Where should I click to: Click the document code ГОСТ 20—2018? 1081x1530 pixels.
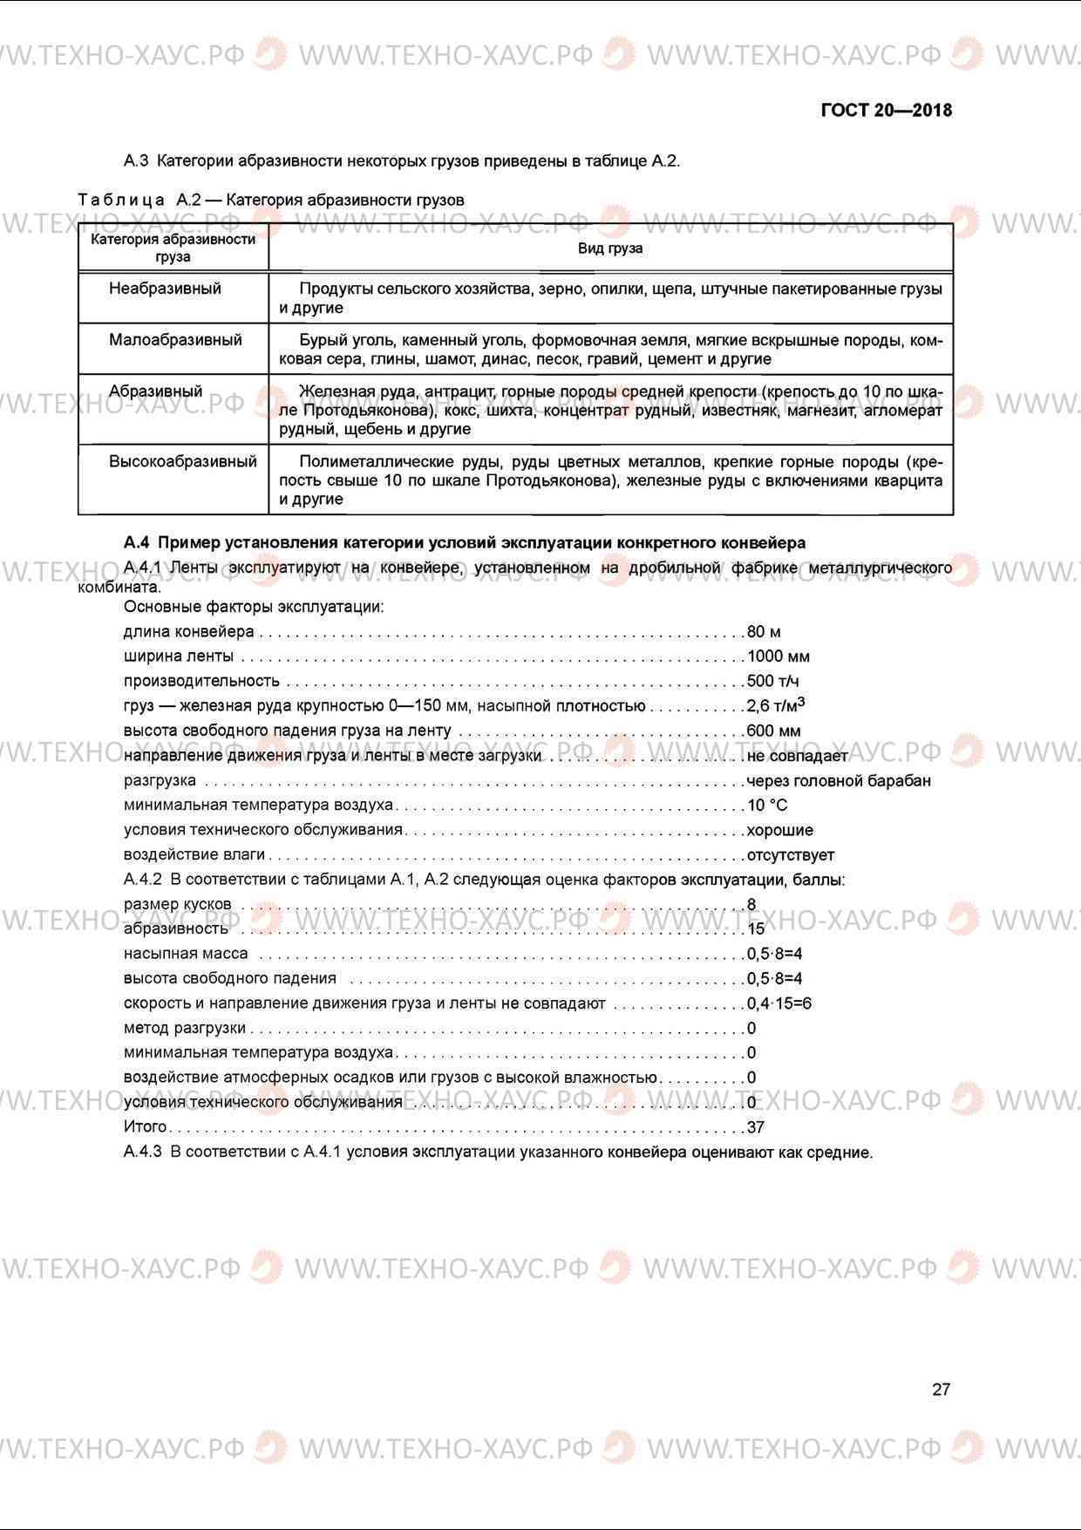tap(886, 111)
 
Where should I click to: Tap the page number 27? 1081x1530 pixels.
tap(941, 1390)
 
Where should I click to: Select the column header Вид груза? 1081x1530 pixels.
tap(610, 248)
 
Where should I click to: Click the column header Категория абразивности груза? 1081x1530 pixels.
tap(173, 248)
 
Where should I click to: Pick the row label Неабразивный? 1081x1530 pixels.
tap(165, 289)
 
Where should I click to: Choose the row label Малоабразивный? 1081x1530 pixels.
tap(175, 340)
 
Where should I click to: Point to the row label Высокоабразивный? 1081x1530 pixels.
tap(182, 462)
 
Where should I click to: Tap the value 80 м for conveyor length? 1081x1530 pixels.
tap(764, 631)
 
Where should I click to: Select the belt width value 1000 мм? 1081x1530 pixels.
tap(778, 656)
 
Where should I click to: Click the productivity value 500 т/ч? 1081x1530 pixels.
tap(772, 681)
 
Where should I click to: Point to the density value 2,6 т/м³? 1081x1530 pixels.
tap(775, 704)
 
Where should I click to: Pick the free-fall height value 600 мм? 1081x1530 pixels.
tap(773, 731)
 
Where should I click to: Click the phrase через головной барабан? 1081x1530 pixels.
tap(839, 780)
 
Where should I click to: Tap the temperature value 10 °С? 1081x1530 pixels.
tap(767, 805)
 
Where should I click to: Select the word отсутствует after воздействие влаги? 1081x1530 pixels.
tap(790, 854)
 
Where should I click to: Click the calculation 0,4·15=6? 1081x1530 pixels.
tap(778, 1003)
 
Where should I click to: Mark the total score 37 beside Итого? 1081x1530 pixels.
tap(756, 1127)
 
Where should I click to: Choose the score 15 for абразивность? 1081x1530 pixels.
tap(756, 929)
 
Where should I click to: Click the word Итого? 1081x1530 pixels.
tap(145, 1127)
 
